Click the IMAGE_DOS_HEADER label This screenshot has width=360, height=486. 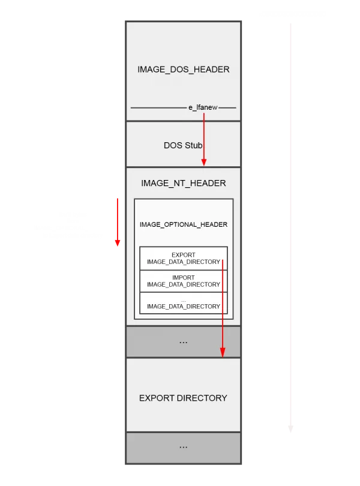[183, 70]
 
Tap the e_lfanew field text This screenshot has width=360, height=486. [203, 107]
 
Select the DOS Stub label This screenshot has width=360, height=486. [183, 145]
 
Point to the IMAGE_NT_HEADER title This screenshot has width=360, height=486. [183, 183]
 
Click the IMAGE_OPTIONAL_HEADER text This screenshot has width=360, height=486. [183, 224]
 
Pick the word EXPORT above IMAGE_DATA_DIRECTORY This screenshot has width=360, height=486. [183, 255]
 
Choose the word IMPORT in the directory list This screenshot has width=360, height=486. [183, 277]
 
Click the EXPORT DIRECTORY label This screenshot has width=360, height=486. [183, 398]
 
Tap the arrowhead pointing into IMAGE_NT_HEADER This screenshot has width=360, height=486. [204, 162]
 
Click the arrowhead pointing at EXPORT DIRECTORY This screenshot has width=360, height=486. [223, 353]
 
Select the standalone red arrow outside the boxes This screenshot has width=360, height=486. [118, 222]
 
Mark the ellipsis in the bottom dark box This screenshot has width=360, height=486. [183, 447]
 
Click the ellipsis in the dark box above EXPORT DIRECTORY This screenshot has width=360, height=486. [183, 343]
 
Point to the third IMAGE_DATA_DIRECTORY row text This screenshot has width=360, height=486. [183, 306]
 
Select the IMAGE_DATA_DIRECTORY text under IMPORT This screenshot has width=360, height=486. [183, 284]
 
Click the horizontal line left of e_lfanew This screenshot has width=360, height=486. [158, 108]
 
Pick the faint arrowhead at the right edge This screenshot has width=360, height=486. [290, 429]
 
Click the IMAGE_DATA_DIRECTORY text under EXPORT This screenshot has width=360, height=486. [183, 262]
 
